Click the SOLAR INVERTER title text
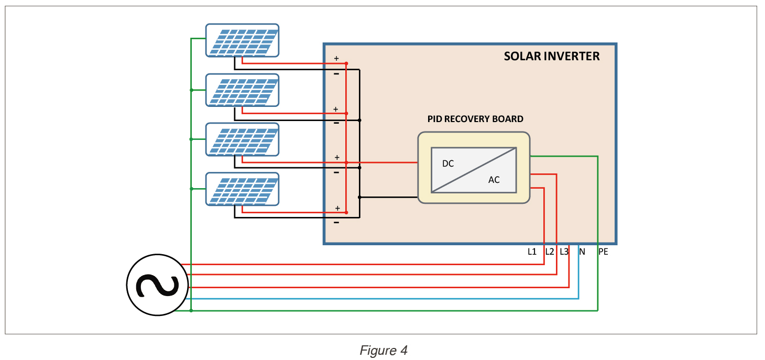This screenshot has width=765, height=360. click(551, 57)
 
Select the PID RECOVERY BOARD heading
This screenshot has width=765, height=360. click(475, 119)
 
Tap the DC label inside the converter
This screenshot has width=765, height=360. click(448, 163)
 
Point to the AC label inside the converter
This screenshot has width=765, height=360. click(494, 180)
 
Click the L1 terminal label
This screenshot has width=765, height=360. click(532, 252)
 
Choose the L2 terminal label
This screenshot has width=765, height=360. click(549, 252)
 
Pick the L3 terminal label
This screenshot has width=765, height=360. click(564, 252)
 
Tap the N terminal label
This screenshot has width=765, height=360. click(582, 252)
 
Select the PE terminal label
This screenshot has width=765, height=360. click(603, 252)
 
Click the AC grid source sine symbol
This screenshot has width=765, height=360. click(157, 285)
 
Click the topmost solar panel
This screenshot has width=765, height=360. click(242, 40)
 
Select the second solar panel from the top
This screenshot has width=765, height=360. click(242, 90)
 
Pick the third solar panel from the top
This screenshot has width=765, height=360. click(242, 139)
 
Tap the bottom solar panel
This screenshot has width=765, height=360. click(242, 189)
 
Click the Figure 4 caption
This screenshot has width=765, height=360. click(383, 350)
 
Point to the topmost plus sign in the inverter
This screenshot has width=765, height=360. click(336, 59)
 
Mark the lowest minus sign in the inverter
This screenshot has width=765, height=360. click(336, 223)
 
